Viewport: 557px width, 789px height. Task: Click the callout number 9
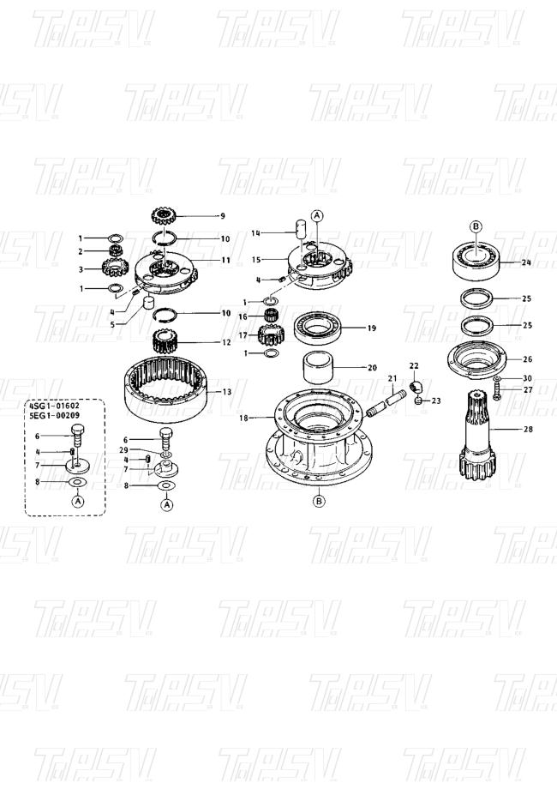(x=223, y=216)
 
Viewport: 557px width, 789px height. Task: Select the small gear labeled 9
(x=163, y=216)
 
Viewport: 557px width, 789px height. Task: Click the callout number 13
(x=227, y=391)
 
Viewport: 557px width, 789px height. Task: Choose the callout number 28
(x=528, y=429)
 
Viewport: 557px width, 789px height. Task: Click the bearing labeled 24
(x=476, y=259)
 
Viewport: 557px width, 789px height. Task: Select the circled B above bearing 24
(x=476, y=226)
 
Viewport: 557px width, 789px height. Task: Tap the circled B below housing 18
(x=319, y=501)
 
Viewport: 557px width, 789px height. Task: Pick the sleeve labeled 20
(x=318, y=368)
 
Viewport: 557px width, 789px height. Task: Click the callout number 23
(x=436, y=401)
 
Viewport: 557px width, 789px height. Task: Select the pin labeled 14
(x=301, y=229)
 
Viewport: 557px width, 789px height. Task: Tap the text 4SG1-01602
(x=54, y=405)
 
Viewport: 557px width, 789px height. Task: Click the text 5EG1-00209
(x=54, y=415)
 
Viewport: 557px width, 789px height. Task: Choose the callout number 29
(x=123, y=449)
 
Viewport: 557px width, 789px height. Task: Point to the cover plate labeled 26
(x=476, y=360)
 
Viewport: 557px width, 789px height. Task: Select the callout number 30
(x=527, y=378)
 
